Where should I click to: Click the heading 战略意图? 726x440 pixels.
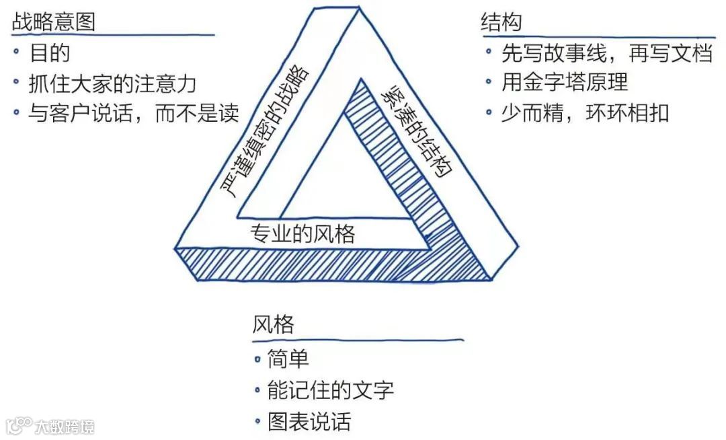tap(54, 22)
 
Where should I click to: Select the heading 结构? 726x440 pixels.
tap(501, 22)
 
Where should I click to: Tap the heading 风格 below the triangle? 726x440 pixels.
tap(274, 325)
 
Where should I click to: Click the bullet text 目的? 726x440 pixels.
tap(50, 53)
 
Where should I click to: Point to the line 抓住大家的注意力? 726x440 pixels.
tap(112, 83)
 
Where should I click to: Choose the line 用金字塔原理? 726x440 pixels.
tap(565, 82)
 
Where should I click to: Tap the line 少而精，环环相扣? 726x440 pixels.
tap(585, 112)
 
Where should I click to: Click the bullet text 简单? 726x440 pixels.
tap(288, 359)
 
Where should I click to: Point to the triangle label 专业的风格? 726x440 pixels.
tap(302, 234)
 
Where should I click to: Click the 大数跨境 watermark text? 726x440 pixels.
tap(65, 426)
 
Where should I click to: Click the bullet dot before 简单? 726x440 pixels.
tap(257, 359)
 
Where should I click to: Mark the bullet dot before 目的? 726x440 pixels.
tap(16, 52)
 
